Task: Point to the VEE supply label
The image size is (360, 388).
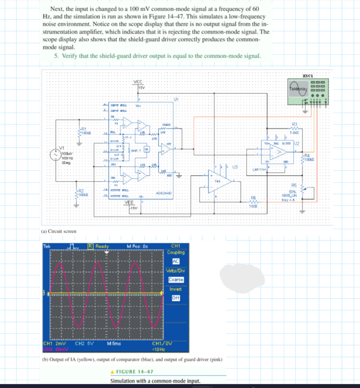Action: click(x=129, y=203)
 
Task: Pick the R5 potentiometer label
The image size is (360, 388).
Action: click(x=294, y=181)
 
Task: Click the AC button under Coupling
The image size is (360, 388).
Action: click(x=175, y=261)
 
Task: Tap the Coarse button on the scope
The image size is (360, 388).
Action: click(x=176, y=280)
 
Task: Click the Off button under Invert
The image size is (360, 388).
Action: click(x=175, y=298)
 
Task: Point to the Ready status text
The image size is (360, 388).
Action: click(x=102, y=247)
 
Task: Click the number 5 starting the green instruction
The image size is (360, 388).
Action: click(x=55, y=56)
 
